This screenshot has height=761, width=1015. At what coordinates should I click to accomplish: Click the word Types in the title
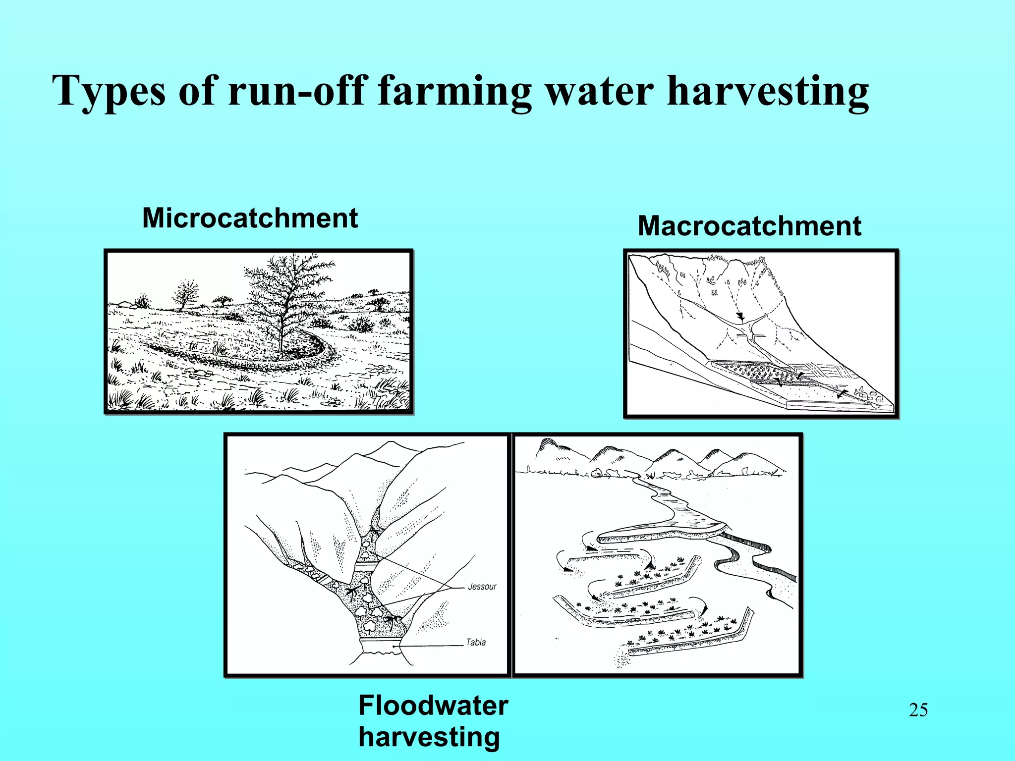[x=109, y=92]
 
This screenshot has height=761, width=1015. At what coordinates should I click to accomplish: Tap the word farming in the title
[x=454, y=92]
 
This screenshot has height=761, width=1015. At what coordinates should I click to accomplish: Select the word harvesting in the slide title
[x=768, y=92]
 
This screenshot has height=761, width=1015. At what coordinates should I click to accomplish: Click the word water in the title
[x=599, y=92]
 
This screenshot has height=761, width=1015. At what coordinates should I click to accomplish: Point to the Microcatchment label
[x=250, y=218]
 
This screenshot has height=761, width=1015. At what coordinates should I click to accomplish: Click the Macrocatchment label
[x=749, y=226]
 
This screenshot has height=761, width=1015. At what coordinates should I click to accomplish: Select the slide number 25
[x=918, y=710]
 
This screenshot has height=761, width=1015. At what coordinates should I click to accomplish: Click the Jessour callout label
[x=482, y=587]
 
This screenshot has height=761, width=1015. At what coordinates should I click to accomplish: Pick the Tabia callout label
[x=476, y=642]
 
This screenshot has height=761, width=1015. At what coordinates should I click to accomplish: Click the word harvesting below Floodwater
[x=429, y=737]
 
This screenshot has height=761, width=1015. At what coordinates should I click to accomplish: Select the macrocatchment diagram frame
[x=761, y=333]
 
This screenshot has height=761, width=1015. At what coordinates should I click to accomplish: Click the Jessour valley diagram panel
[x=367, y=554]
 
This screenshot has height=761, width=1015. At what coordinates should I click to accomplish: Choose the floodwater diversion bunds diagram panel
[x=657, y=554]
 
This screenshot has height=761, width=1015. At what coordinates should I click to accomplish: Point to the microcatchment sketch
[x=259, y=331]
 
